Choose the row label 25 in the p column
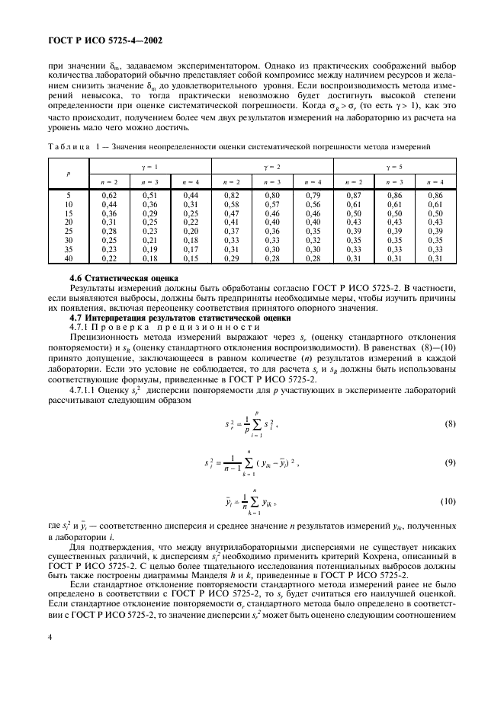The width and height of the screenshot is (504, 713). tap(68, 232)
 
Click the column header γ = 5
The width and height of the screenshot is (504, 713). tap(393, 166)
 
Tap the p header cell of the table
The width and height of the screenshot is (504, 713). tap(68, 173)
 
